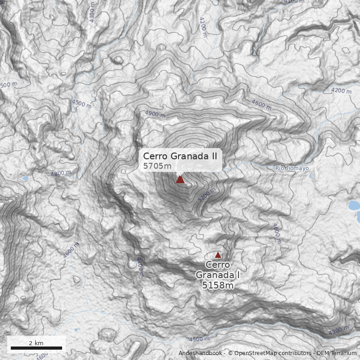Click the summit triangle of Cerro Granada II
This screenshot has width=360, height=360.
(180, 180)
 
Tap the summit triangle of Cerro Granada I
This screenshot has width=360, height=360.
(218, 255)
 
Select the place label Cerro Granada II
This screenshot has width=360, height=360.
(180, 156)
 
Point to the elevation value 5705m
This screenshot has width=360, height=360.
(157, 166)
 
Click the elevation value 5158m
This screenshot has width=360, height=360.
(218, 285)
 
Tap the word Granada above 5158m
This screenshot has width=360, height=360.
(215, 274)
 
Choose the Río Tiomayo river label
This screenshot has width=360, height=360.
(292, 168)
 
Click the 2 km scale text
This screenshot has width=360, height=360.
(36, 343)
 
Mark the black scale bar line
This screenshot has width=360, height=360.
(36, 348)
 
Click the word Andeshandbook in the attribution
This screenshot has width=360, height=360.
(201, 353)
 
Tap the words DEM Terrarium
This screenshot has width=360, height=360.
(337, 353)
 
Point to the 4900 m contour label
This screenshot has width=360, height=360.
(156, 114)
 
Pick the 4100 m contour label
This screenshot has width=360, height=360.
(294, 2)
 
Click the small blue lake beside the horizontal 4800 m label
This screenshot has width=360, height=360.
(25, 179)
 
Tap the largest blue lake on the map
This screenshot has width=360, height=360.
(355, 206)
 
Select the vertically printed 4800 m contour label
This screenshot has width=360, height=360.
(139, 267)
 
